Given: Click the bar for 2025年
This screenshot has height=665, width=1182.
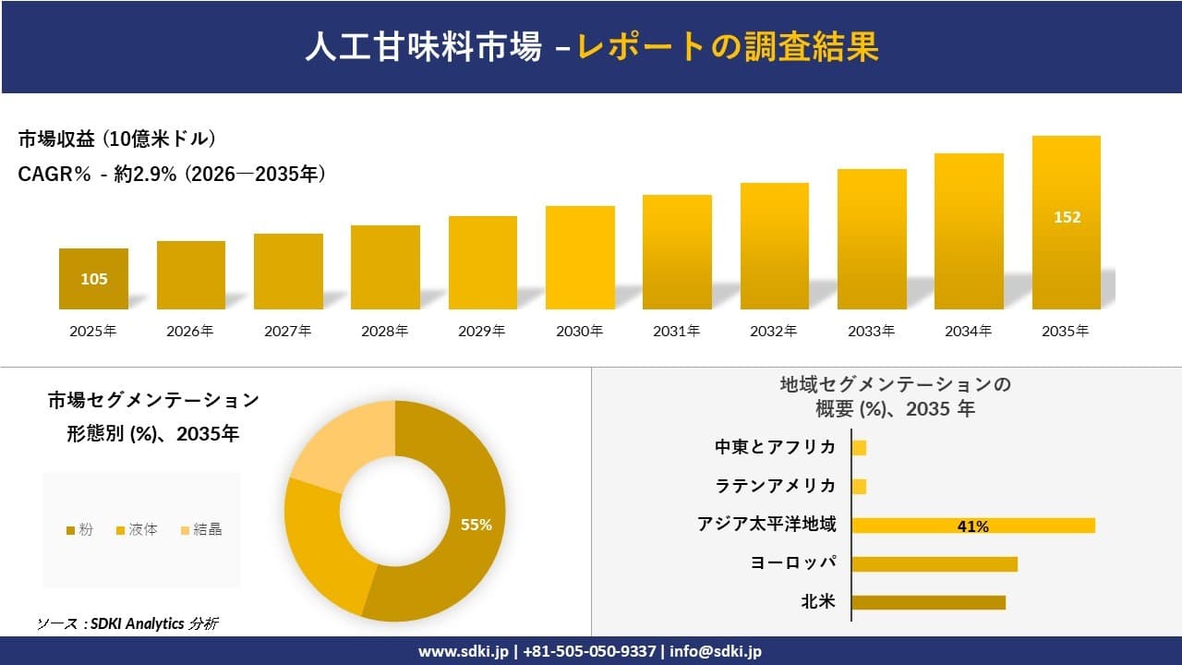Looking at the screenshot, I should (93, 279).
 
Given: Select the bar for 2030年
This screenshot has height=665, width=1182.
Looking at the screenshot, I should (580, 258).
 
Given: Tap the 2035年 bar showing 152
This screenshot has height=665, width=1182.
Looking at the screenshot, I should (1066, 223).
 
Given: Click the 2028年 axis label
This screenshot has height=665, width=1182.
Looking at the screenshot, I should (384, 331).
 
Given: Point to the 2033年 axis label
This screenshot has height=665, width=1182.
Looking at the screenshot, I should (871, 331).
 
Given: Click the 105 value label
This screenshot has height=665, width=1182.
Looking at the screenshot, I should (93, 279).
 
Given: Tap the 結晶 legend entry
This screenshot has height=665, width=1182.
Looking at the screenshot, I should (200, 529).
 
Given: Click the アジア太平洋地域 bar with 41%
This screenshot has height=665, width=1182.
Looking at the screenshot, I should (972, 526).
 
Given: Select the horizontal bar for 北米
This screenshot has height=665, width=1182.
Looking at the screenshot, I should (928, 602).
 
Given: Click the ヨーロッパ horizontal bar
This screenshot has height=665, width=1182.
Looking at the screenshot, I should (934, 563).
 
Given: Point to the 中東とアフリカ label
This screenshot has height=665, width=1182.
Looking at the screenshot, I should (775, 447).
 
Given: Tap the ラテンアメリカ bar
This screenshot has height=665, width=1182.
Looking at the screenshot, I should (859, 486).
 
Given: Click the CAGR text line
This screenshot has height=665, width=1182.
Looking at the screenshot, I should (172, 174).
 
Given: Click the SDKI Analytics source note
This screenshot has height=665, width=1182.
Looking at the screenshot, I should (128, 623).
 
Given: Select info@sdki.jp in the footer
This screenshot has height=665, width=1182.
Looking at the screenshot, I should (717, 651).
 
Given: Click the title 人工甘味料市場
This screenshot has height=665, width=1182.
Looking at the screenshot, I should (423, 47).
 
